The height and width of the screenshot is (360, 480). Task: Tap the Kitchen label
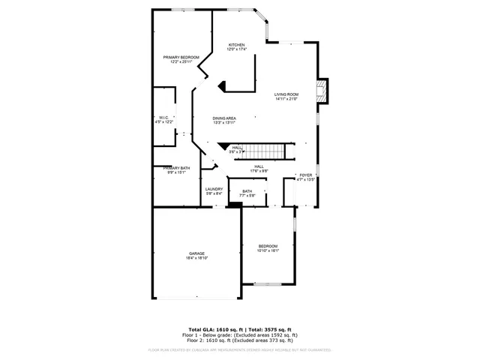pos(237,45)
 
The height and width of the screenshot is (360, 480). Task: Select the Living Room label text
pos(286,94)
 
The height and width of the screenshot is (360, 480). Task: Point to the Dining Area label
pos(224,118)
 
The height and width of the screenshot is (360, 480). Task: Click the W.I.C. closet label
pos(163,117)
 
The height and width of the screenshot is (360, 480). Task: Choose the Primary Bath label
pos(176,168)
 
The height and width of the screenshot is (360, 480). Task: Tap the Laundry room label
pos(214,189)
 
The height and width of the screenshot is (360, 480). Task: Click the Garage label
pos(196,253)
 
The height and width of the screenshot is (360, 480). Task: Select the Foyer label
pos(305,175)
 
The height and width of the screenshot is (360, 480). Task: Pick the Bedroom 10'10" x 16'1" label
pos(268,246)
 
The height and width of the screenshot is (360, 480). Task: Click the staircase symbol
pos(267,151)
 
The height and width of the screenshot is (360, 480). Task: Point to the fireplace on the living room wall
pos(322,92)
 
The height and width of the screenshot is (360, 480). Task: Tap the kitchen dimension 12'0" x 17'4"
pos(237,49)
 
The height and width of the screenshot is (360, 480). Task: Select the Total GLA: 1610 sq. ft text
pos(212,330)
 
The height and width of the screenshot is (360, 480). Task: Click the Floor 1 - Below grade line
pos(239,334)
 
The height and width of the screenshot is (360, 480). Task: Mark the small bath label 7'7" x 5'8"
pos(247,195)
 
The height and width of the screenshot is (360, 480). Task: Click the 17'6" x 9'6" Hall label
pos(259,170)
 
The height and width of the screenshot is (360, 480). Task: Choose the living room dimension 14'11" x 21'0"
pos(286,98)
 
